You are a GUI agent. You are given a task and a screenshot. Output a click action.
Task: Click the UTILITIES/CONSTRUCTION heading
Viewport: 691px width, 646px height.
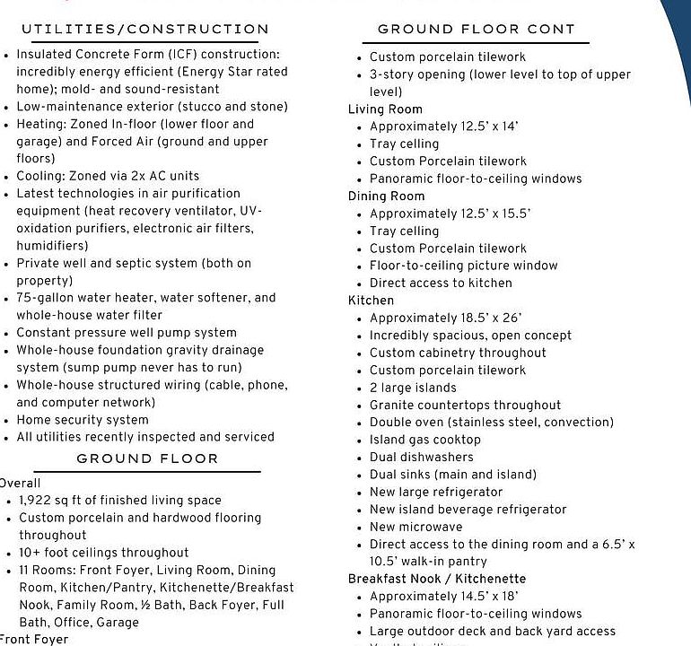click(x=144, y=30)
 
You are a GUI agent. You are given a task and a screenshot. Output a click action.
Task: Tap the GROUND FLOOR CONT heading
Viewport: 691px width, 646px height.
click(x=476, y=30)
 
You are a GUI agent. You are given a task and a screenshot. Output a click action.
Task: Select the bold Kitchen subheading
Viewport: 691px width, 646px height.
click(x=371, y=301)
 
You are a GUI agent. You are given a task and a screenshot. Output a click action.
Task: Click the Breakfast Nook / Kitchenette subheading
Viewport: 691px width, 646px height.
click(x=437, y=579)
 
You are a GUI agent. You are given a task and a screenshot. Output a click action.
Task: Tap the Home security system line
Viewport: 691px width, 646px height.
click(x=83, y=420)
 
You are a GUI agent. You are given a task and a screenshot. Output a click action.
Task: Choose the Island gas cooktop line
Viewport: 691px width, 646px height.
click(x=425, y=440)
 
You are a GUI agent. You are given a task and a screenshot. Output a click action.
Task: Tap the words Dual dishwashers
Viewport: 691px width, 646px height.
click(x=422, y=457)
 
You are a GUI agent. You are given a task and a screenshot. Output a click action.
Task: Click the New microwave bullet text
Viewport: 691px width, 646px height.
click(x=416, y=527)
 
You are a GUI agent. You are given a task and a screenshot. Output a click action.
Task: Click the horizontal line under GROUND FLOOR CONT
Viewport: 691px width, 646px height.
click(x=476, y=43)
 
